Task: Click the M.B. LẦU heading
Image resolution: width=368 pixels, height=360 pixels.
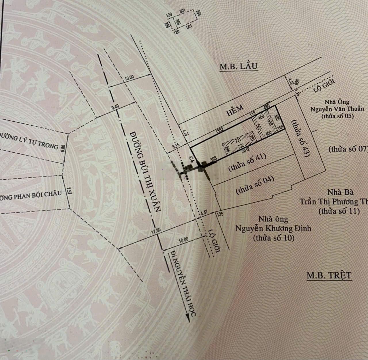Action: tap(238, 66)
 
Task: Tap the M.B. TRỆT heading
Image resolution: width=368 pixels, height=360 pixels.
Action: tap(329, 275)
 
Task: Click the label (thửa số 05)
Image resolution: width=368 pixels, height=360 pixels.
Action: tap(337, 116)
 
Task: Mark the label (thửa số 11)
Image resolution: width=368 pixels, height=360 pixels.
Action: tap(339, 211)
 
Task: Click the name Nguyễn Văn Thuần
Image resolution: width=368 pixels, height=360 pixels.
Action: tap(337, 109)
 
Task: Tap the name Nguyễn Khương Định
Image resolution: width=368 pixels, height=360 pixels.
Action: tap(273, 229)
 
